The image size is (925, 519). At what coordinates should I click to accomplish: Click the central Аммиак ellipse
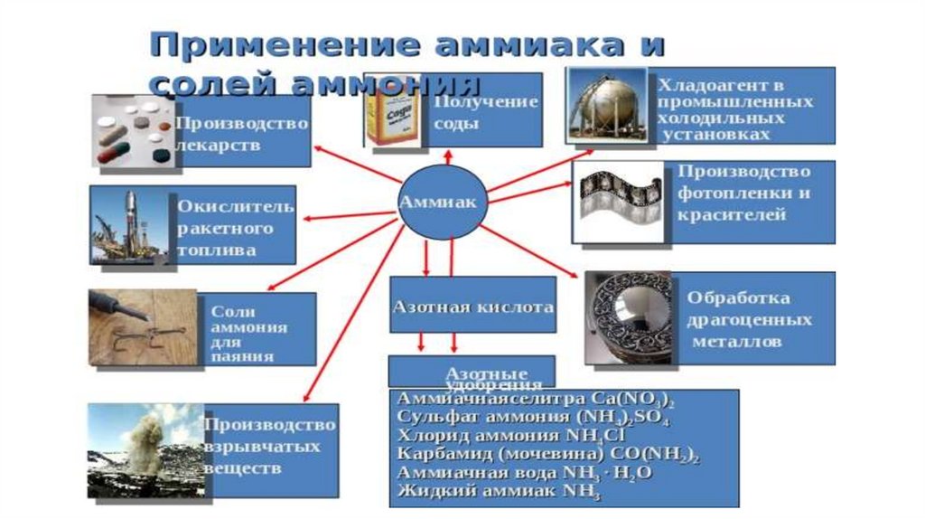[x=443, y=202]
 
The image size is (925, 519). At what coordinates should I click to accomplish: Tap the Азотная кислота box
[x=472, y=307]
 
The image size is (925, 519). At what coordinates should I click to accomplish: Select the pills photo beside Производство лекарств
[x=133, y=132]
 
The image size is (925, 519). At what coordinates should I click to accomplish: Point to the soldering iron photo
[x=144, y=326]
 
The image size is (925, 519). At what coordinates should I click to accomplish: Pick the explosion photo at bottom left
[x=145, y=450]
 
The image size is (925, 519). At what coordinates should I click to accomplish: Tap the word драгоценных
[x=749, y=320]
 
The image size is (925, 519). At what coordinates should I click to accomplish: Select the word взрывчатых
[x=262, y=447]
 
